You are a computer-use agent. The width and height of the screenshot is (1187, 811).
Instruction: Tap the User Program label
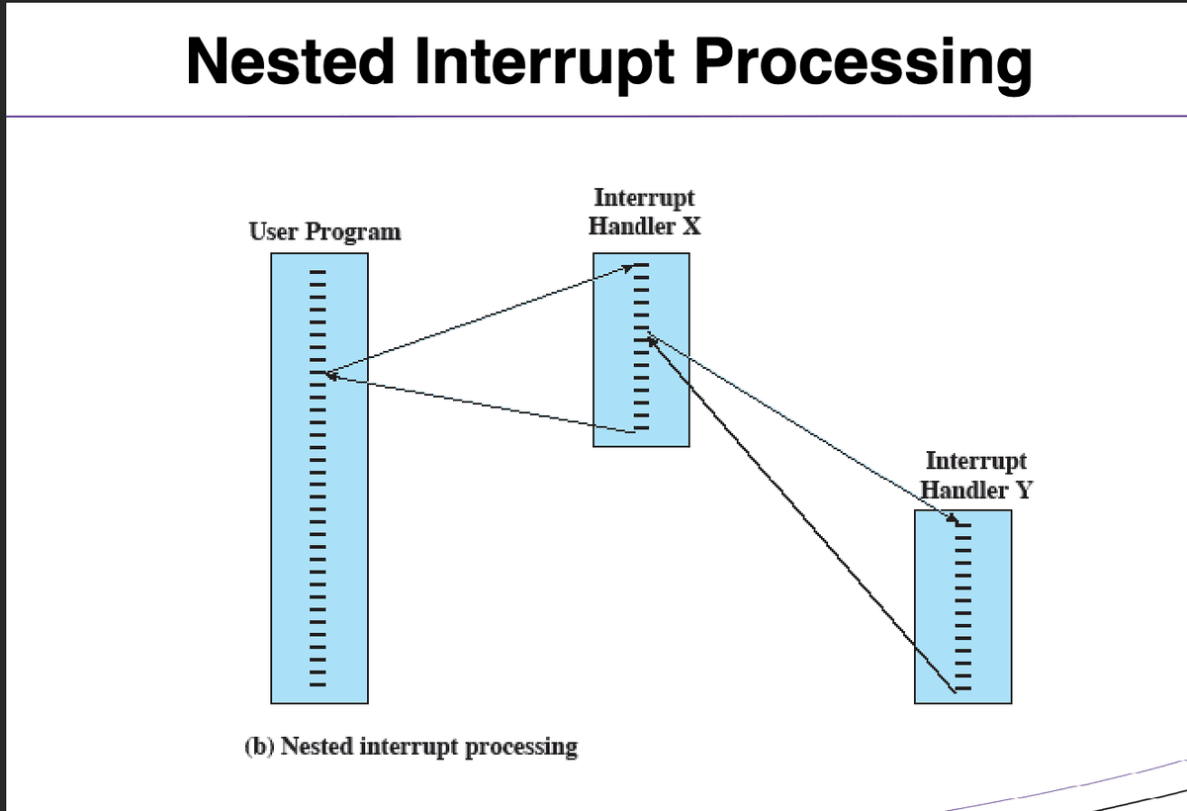point(324,232)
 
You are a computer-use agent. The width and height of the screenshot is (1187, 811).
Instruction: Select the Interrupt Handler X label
point(644,212)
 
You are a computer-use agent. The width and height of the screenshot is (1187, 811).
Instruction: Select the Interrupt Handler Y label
point(975,475)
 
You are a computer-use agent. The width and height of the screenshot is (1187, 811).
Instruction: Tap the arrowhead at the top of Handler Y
point(951,520)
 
